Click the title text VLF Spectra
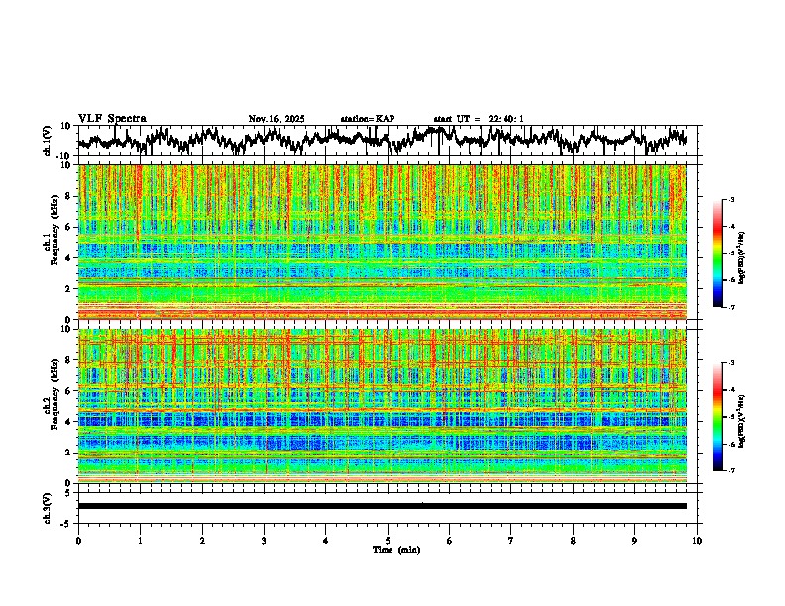[112, 119]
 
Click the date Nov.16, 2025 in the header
[277, 119]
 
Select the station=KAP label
[368, 119]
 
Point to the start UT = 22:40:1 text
[479, 119]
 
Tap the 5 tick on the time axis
[388, 541]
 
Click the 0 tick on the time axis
[78, 541]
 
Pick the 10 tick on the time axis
[697, 541]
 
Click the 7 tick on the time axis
[511, 541]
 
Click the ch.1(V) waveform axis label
[48, 142]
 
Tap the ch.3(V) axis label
[48, 506]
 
